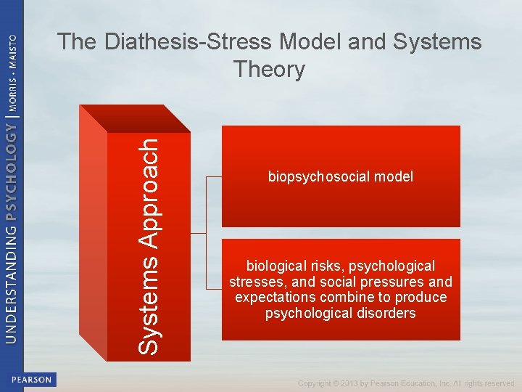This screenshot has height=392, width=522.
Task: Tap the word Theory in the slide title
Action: tap(269, 70)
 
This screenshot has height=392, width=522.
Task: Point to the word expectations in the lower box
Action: tap(274, 298)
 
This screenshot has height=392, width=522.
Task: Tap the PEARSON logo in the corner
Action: tap(30, 379)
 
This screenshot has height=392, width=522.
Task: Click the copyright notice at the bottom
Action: tap(406, 383)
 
